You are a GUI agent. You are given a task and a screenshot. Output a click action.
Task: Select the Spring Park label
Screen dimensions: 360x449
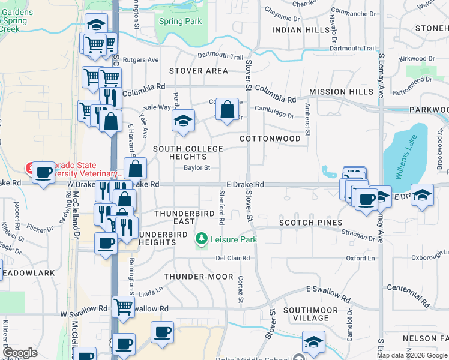click(180, 21)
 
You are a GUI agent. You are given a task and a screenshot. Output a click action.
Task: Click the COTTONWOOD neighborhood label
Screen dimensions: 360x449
click(270, 139)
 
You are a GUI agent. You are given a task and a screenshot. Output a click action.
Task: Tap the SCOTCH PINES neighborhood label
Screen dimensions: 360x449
click(310, 223)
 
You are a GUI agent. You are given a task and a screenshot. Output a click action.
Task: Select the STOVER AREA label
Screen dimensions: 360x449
click(199, 71)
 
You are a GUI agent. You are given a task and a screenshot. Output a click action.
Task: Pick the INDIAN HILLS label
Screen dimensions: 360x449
click(301, 29)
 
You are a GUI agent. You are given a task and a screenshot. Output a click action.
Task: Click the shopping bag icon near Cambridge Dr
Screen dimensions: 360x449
click(227, 110)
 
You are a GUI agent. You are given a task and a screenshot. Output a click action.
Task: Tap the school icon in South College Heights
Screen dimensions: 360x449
click(183, 121)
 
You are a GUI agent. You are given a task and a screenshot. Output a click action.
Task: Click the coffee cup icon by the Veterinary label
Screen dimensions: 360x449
click(43, 173)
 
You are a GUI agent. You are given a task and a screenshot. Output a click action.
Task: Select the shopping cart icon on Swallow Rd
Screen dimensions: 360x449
click(123, 307)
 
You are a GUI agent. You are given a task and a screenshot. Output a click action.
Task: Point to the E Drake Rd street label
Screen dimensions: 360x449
click(245, 185)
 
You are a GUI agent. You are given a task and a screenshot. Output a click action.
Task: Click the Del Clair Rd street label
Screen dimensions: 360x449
click(233, 258)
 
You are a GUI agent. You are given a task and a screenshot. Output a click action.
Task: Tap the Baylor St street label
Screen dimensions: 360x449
click(197, 168)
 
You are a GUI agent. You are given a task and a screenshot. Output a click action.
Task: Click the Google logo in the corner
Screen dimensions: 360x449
click(20, 353)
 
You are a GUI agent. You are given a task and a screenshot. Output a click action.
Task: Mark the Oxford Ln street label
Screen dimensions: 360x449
click(360, 258)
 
